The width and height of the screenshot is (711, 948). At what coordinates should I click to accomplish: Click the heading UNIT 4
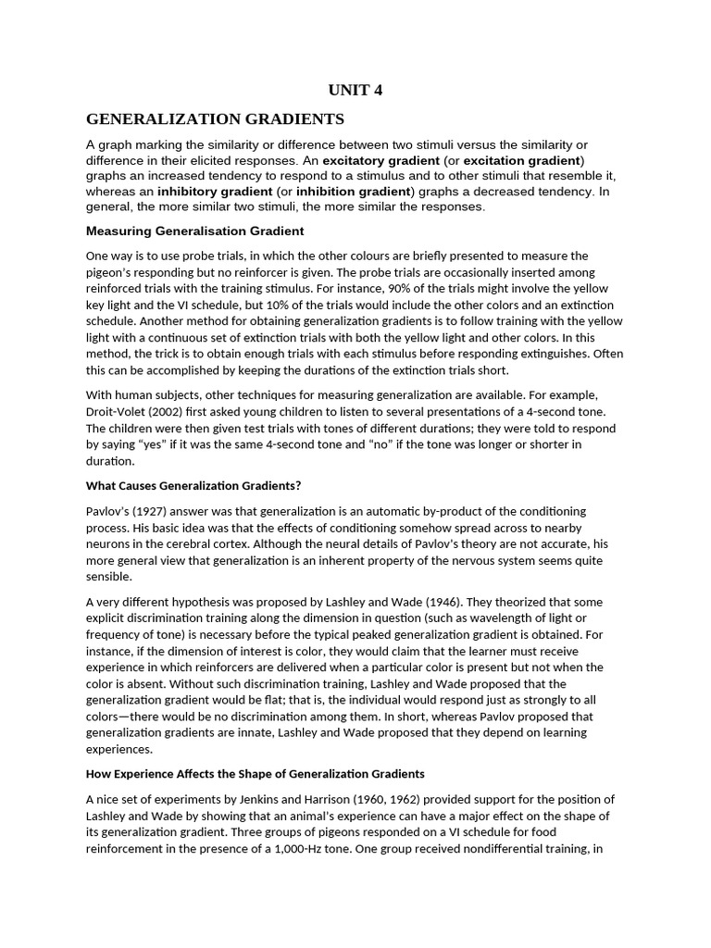[355, 90]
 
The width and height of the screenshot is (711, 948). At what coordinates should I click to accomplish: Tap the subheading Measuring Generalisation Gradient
[194, 231]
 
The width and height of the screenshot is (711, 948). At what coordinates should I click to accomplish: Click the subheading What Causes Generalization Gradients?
[193, 485]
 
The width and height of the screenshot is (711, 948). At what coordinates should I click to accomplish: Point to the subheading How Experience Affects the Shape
[255, 773]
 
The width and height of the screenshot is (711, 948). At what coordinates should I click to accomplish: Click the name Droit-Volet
[118, 412]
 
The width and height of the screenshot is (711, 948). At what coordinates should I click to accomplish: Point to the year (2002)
[176, 412]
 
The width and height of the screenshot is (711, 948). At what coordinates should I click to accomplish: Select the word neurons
[106, 544]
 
